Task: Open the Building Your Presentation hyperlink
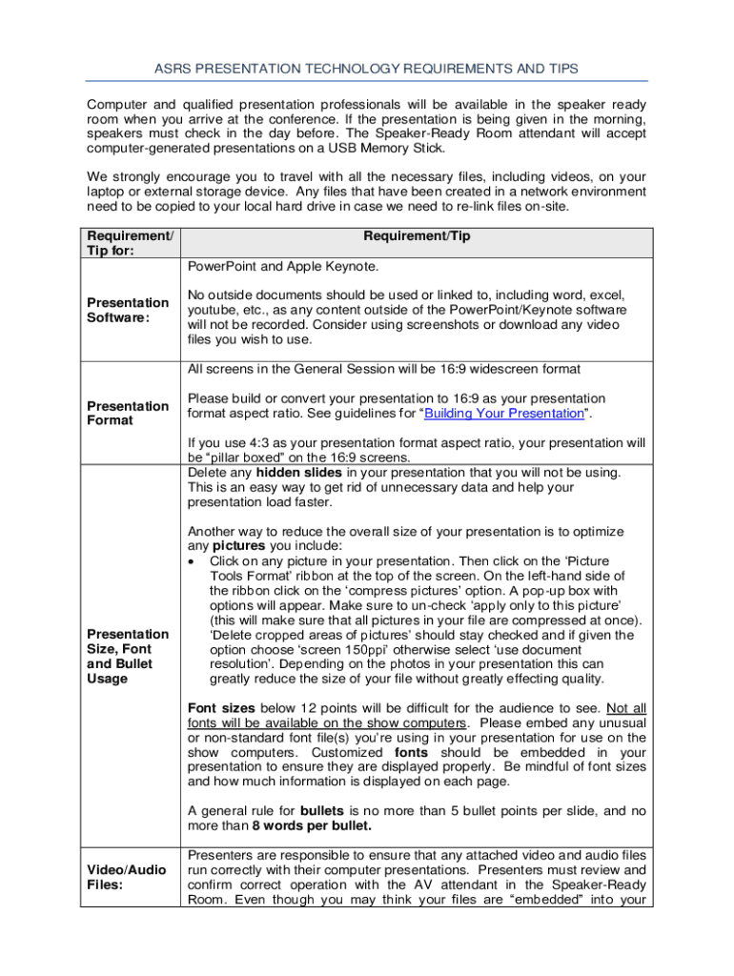[503, 414]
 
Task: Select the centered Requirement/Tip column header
[417, 235]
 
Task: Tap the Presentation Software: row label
[128, 311]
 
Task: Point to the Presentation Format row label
[128, 413]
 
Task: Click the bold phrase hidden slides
[292, 473]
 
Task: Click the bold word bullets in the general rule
[328, 811]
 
